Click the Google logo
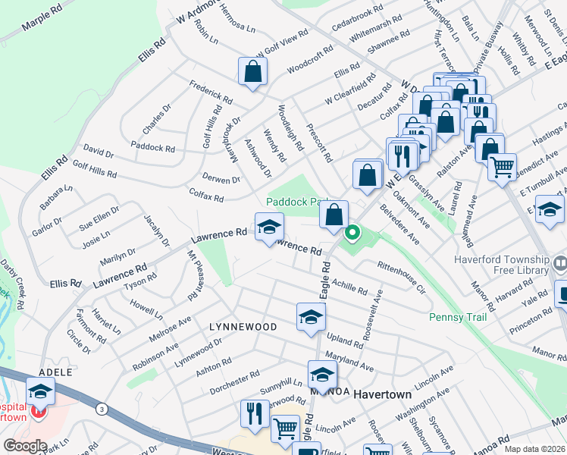click(25, 446)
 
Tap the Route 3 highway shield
click(102, 409)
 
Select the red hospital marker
click(37, 413)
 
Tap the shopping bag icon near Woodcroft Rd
click(252, 72)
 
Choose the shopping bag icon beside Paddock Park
click(334, 215)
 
